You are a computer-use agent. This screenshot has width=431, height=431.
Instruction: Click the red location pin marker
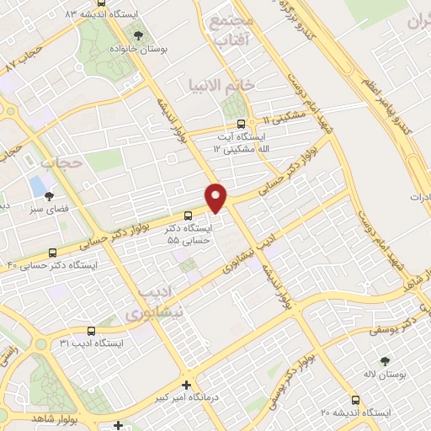pos(216,197)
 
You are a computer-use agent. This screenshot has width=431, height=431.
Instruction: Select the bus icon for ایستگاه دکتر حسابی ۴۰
pos(54,252)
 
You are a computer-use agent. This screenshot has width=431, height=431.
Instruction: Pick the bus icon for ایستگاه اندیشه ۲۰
pos(355,400)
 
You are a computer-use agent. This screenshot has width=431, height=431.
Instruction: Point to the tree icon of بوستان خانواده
pos(138,35)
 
